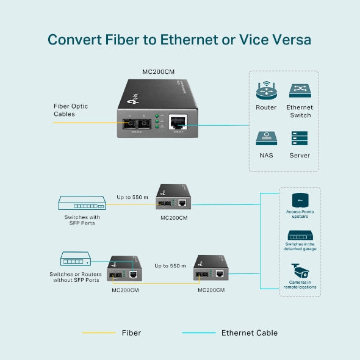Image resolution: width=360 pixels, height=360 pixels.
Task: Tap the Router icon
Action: click(266, 91)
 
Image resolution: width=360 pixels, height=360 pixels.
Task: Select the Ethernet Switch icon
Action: click(300, 91)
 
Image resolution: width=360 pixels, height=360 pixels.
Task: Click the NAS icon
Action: click(266, 138)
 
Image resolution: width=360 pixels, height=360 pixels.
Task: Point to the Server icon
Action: click(300, 138)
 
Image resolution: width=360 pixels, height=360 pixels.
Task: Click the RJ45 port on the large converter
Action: click(179, 120)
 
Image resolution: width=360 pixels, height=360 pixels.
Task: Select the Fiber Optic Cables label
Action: click(70, 110)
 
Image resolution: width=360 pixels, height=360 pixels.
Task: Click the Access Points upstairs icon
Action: click(300, 200)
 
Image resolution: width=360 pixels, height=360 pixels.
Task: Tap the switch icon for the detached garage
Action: click(300, 236)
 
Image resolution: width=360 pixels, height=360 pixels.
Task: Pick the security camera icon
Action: click(300, 269)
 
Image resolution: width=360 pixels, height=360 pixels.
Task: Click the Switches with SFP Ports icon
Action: click(81, 203)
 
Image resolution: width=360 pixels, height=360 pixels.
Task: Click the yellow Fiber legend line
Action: click(98, 333)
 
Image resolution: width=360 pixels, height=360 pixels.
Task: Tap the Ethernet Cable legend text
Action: click(249, 333)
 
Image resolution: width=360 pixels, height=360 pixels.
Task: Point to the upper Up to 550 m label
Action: click(132, 197)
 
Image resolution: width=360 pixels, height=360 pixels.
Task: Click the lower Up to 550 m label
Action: click(170, 265)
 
